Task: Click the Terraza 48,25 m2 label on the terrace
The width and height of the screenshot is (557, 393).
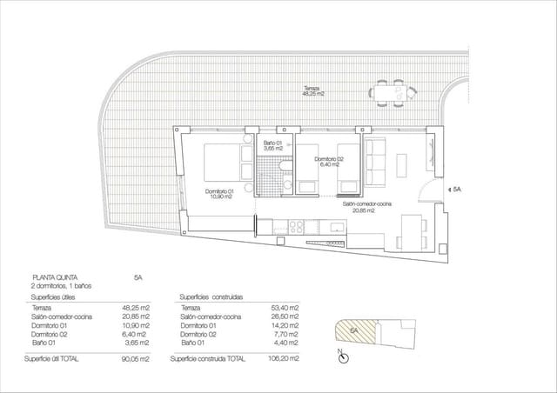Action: click(312, 90)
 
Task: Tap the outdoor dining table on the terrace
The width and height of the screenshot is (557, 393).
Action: click(389, 92)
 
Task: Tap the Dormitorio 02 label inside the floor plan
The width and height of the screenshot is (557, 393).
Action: click(329, 161)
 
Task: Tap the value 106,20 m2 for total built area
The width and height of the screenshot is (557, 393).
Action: click(285, 358)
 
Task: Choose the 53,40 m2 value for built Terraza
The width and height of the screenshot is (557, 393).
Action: click(285, 309)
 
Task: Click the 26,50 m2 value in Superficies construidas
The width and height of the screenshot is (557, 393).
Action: click(285, 317)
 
